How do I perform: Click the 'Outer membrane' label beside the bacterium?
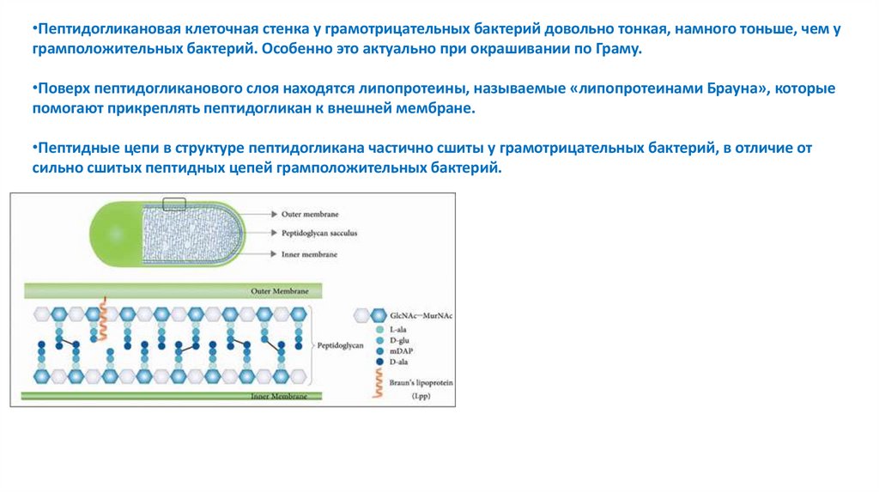(x=311, y=212)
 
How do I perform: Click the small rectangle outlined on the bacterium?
(x=173, y=204)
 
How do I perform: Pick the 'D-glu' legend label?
(x=400, y=340)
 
